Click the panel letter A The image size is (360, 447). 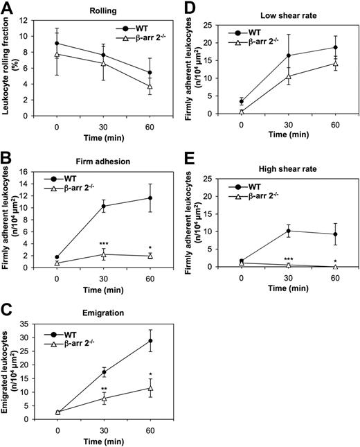(x=8, y=8)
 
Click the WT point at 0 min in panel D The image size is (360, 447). (x=240, y=101)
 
